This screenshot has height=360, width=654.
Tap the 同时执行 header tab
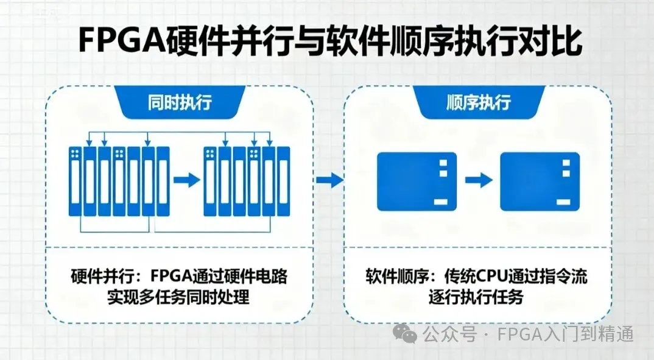tap(180, 102)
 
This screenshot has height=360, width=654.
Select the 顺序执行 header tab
tap(478, 102)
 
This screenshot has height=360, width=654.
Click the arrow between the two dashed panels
tap(329, 180)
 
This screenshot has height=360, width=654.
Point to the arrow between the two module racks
tap(186, 180)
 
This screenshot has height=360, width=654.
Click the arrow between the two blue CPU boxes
tap(478, 180)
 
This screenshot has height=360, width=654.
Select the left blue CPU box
tap(417, 181)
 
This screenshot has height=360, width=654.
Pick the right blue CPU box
tap(540, 181)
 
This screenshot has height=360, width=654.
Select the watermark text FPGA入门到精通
tap(566, 334)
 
